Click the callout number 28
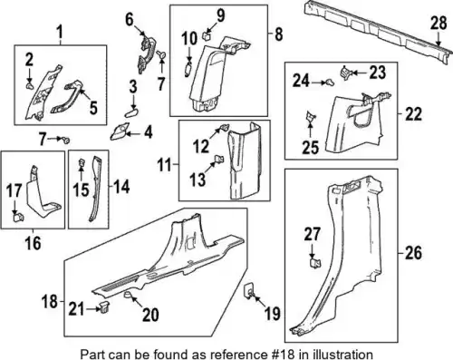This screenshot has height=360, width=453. pyautogui.click(x=439, y=24)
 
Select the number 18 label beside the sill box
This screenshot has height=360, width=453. pyautogui.click(x=50, y=301)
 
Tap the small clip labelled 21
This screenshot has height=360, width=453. pyautogui.click(x=104, y=308)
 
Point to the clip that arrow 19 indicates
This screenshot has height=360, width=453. pyautogui.click(x=249, y=290)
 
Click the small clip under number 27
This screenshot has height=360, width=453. pyautogui.click(x=315, y=263)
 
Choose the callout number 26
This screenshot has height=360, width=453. pyautogui.click(x=413, y=253)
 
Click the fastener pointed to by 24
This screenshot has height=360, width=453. pyautogui.click(x=330, y=82)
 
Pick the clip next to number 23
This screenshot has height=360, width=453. pyautogui.click(x=344, y=73)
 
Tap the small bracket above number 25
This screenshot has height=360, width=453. pyautogui.click(x=310, y=115)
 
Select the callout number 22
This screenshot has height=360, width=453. pyautogui.click(x=413, y=114)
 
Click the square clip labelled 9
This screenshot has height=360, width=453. pyautogui.click(x=207, y=37)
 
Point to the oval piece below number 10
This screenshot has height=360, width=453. pyautogui.click(x=188, y=69)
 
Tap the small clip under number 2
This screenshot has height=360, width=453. pyautogui.click(x=30, y=87)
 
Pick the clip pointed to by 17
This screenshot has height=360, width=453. pyautogui.click(x=18, y=217)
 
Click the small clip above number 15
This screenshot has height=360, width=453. pyautogui.click(x=82, y=162)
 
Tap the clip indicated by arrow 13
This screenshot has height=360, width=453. pyautogui.click(x=218, y=159)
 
